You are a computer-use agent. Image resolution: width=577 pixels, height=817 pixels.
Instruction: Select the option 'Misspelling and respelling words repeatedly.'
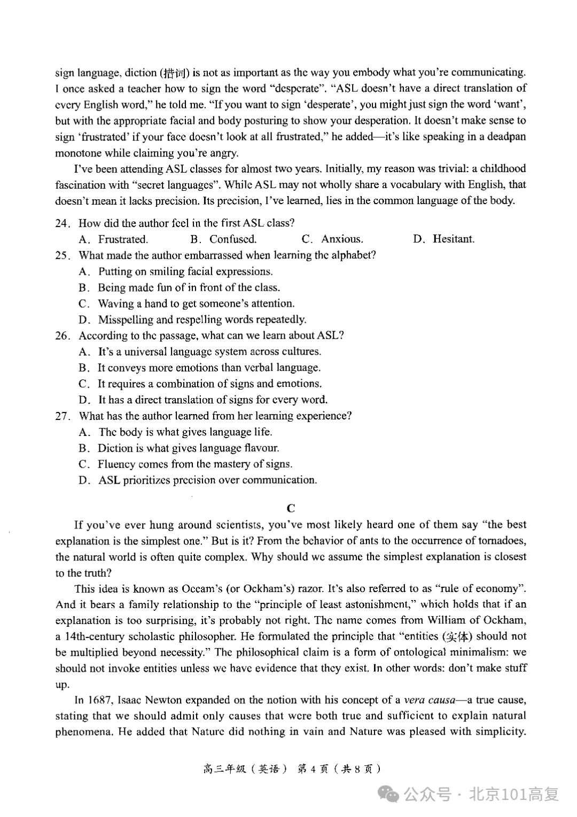click(x=202, y=320)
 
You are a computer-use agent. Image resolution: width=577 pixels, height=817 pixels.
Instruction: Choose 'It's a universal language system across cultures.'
click(x=209, y=352)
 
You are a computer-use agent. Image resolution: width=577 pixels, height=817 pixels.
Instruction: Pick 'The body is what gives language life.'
click(x=185, y=432)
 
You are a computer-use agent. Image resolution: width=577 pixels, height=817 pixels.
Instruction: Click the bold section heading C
click(x=291, y=508)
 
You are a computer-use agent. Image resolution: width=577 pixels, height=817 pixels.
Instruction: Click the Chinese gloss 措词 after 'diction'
click(x=176, y=73)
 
